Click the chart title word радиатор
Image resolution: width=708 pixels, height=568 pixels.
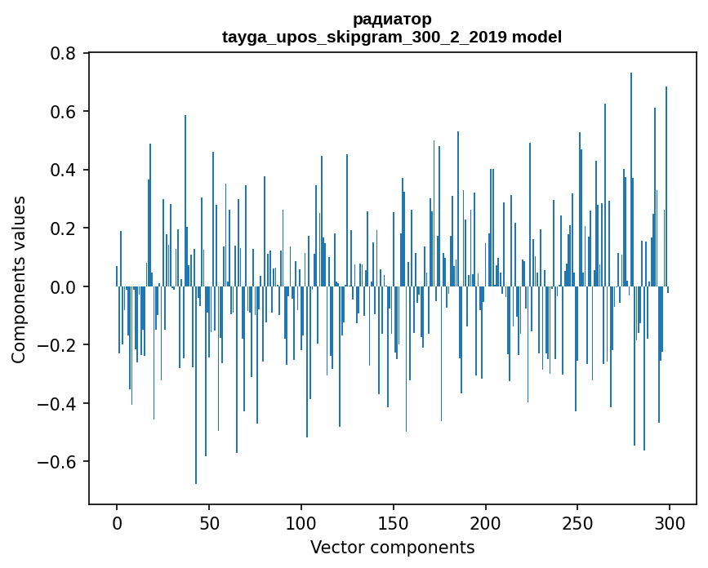coord(392,19)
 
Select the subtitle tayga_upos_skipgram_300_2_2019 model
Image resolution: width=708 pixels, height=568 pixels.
coord(392,37)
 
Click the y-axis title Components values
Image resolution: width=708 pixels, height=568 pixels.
coord(19,279)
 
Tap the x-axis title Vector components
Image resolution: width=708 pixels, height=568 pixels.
coord(392,547)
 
